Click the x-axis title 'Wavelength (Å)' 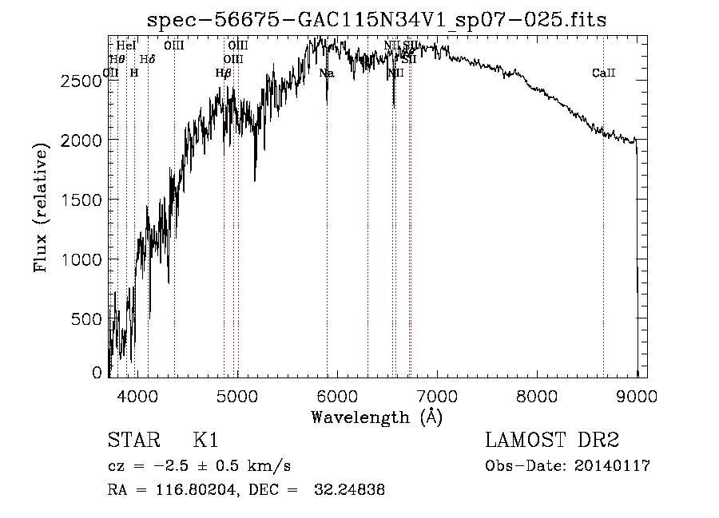(376, 417)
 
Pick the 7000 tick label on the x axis (437, 394)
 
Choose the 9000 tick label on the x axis (637, 394)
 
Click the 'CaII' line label (603, 73)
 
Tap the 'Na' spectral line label (326, 73)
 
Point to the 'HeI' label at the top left (126, 46)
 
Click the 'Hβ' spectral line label (223, 73)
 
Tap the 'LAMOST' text (522, 441)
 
